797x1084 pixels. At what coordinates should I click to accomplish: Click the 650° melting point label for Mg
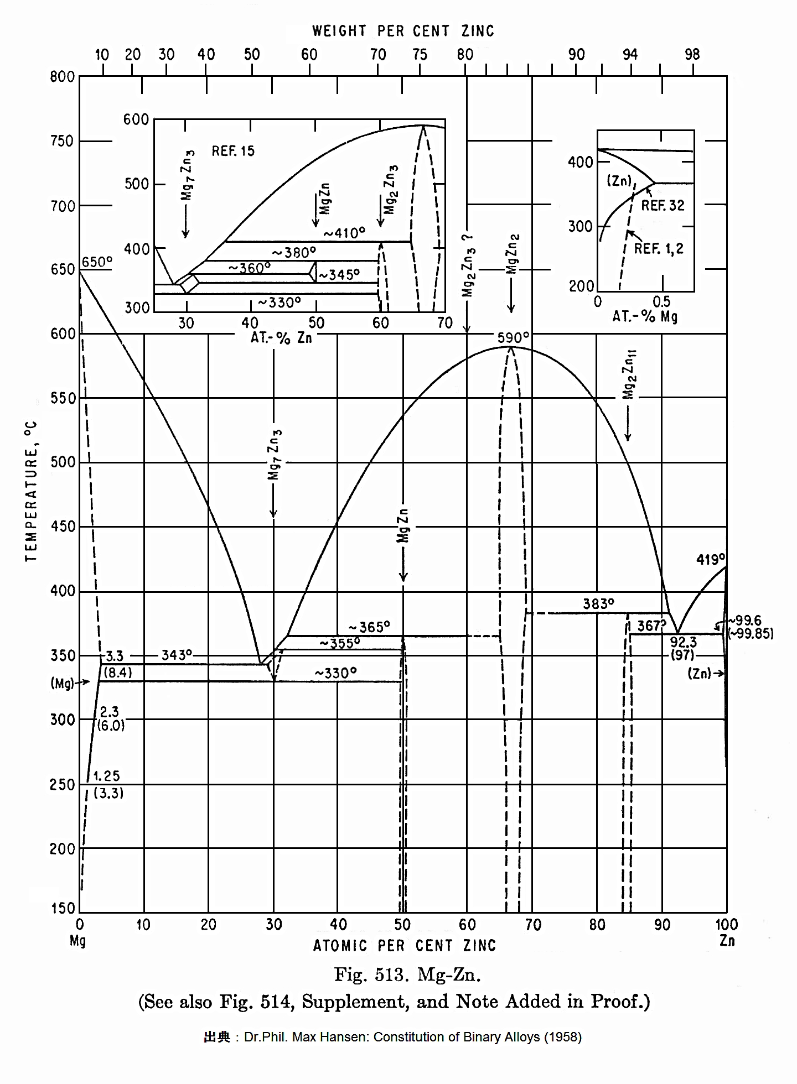[97, 262]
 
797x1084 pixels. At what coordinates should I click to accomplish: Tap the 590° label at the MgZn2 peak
[513, 337]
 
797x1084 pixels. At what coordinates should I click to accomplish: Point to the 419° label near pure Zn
[710, 560]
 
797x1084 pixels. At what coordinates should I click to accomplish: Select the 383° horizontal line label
[598, 604]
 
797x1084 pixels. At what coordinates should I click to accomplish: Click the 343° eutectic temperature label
[177, 655]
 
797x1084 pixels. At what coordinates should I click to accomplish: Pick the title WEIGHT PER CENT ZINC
[403, 31]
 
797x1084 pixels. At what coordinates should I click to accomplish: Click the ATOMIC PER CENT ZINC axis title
[405, 946]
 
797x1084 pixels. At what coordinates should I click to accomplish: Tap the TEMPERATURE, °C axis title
[31, 491]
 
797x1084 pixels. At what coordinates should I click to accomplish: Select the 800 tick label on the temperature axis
[62, 77]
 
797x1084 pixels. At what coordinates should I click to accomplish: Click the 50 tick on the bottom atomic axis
[402, 925]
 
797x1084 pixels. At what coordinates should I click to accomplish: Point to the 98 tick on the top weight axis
[692, 54]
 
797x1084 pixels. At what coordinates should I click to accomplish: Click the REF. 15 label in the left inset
[233, 151]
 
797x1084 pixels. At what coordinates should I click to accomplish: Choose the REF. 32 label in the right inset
[663, 206]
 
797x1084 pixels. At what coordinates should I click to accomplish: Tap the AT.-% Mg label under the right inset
[645, 317]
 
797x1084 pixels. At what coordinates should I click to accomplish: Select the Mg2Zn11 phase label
[628, 374]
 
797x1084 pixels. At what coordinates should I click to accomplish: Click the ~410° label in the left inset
[344, 233]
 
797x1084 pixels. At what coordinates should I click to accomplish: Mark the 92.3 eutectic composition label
[683, 642]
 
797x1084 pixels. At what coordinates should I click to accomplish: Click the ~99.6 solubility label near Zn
[745, 621]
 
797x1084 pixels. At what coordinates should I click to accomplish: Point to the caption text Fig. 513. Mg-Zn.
[407, 974]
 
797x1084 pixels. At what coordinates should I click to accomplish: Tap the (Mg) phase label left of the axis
[63, 683]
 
